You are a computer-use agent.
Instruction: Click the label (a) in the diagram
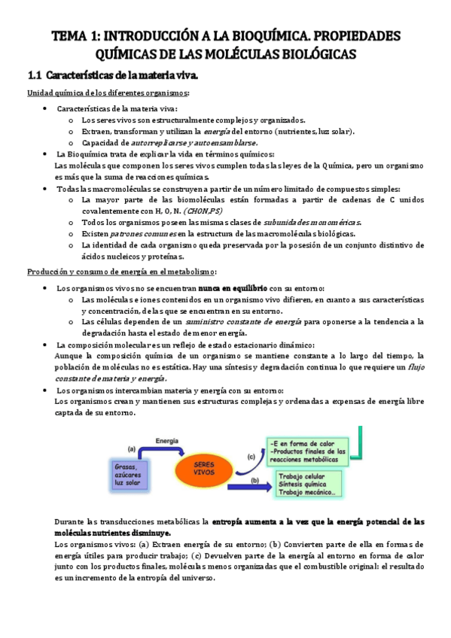pos(130,448)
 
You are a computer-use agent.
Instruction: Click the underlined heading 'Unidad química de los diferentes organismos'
pos(108,93)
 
